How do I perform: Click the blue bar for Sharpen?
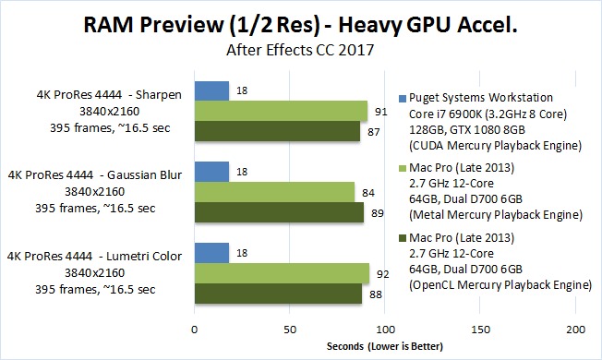click(x=212, y=91)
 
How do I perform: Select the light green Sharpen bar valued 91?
click(x=281, y=111)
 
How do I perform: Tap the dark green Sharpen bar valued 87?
click(x=278, y=131)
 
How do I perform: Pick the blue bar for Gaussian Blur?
click(x=212, y=172)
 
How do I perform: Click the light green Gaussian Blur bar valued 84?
click(x=275, y=192)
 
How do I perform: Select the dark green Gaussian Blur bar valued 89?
click(x=280, y=212)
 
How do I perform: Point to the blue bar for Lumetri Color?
click(x=212, y=253)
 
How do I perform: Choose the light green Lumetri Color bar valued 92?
click(x=283, y=273)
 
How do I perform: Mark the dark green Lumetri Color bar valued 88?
click(x=278, y=294)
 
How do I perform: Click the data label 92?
click(x=383, y=274)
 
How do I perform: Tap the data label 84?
click(x=368, y=193)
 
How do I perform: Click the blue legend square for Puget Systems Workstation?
click(x=403, y=99)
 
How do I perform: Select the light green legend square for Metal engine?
click(x=403, y=169)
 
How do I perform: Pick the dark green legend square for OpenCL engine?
click(x=403, y=239)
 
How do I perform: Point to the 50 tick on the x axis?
click(x=290, y=330)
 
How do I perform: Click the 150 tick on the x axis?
click(x=480, y=330)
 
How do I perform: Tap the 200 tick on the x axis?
click(x=575, y=330)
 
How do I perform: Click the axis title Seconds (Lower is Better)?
click(x=385, y=346)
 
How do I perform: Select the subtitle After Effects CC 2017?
click(x=300, y=50)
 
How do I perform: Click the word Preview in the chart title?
click(x=182, y=25)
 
